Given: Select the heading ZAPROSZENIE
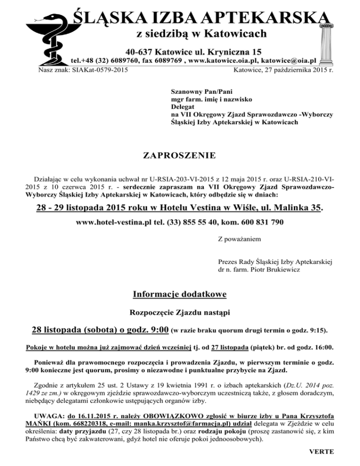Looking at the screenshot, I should [x=180, y=155].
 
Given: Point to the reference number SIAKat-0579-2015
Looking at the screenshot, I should [x=102, y=70].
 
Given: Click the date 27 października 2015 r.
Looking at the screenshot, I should [x=293, y=70].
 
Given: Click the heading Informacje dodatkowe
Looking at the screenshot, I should [x=180, y=294].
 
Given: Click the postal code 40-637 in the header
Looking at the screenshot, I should [x=140, y=51].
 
